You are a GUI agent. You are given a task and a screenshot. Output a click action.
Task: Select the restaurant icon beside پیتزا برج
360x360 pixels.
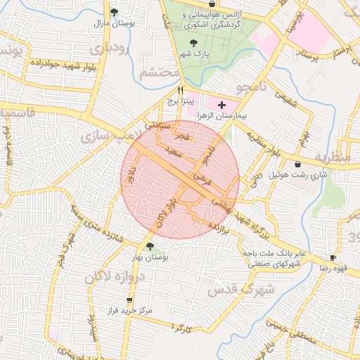click(181, 90)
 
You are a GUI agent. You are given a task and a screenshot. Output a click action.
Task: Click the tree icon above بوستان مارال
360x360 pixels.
click(115, 12)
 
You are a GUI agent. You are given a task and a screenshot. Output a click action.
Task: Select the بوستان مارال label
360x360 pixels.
click(115, 23)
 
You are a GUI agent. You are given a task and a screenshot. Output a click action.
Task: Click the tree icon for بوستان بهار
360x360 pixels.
click(150, 245)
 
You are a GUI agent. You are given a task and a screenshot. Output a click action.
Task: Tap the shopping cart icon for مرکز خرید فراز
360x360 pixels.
click(129, 300)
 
